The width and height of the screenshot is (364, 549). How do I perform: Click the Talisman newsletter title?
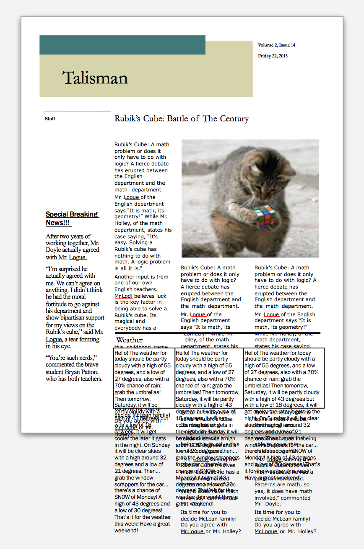[95, 78]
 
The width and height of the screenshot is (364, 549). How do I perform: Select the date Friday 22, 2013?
[273, 56]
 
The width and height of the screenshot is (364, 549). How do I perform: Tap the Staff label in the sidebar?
[50, 119]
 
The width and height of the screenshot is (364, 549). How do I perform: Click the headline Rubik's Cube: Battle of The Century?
[182, 119]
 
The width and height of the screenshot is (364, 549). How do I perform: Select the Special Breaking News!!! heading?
[71, 219]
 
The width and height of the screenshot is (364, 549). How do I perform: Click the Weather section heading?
[129, 340]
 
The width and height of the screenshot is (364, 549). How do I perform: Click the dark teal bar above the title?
[122, 45]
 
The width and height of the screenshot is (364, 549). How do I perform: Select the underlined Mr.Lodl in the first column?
[124, 296]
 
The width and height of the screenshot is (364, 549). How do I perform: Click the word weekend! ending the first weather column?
[126, 531]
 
